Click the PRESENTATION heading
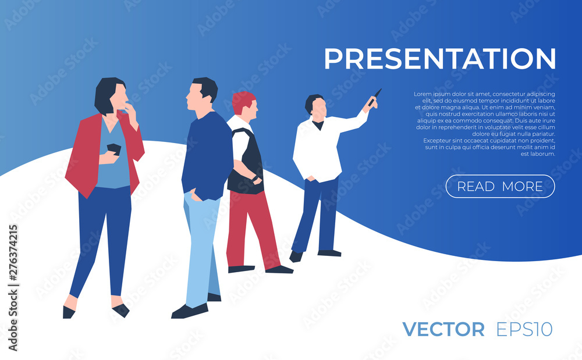[440, 59]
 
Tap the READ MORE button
[500, 186]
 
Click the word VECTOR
[443, 329]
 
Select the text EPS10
[524, 329]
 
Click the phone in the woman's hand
[114, 149]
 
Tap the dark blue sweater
[207, 156]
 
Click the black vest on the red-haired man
[247, 163]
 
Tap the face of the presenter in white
[319, 109]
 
